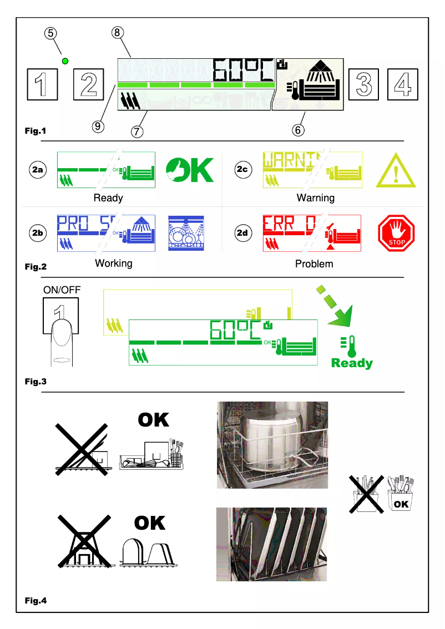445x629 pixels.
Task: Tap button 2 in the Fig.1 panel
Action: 88,84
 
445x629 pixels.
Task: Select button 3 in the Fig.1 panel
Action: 363,84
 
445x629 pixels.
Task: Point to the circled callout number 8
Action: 117,33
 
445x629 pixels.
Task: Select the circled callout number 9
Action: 98,126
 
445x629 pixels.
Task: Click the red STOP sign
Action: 396,233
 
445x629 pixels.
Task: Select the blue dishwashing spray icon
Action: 186,234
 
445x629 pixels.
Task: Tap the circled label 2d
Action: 242,233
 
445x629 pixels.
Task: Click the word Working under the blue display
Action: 114,263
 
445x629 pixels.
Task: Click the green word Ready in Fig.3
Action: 352,363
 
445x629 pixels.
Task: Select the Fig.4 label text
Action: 36,601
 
